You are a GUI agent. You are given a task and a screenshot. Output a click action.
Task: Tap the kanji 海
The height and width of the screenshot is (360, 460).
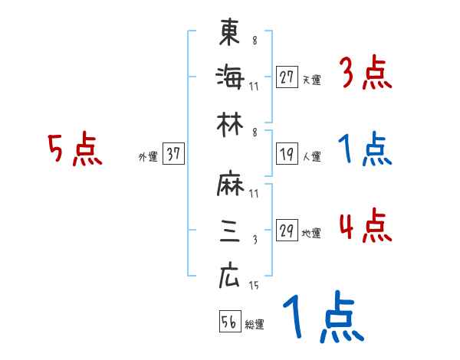[229, 77]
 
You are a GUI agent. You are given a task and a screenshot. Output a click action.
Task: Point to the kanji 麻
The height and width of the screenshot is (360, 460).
[229, 187]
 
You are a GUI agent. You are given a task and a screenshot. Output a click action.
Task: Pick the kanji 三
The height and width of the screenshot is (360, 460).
[229, 233]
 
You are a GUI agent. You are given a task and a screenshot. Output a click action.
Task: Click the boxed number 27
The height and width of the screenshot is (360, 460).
[287, 77]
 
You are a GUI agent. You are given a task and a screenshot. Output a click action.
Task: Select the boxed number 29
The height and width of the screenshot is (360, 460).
[287, 231]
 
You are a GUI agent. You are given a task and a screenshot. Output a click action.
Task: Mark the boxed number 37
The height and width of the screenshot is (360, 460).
[173, 154]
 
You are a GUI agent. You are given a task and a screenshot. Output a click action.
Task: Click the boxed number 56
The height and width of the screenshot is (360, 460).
[228, 322]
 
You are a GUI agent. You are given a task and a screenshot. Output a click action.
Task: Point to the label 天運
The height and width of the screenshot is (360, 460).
[311, 80]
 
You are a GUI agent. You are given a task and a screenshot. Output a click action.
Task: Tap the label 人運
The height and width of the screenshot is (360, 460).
[311, 156]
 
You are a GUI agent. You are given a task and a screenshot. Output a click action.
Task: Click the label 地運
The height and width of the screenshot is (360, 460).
[311, 234]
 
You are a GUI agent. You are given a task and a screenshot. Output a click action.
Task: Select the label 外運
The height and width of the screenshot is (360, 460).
[147, 156]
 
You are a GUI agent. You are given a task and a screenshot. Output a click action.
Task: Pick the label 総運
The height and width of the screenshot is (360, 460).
[255, 324]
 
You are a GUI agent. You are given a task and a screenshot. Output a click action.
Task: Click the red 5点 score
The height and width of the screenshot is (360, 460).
[75, 149]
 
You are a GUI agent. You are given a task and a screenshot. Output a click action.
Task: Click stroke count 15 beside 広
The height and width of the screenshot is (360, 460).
[255, 286]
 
